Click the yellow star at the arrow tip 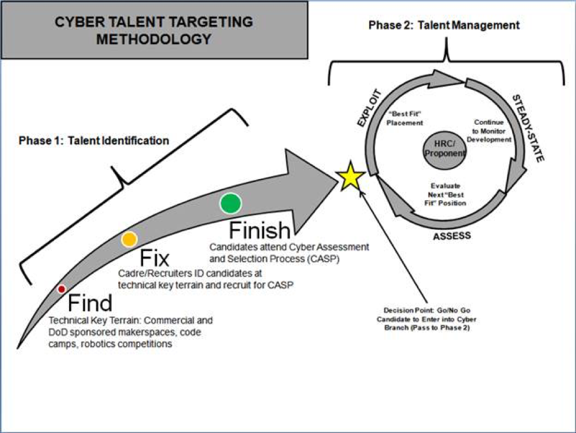349,176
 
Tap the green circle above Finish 230,203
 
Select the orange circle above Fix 129,239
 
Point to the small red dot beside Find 61,289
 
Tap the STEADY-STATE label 528,126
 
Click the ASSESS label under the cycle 451,236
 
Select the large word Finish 259,231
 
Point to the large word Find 90,303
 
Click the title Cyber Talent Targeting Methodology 154,31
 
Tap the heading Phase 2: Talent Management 444,25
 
